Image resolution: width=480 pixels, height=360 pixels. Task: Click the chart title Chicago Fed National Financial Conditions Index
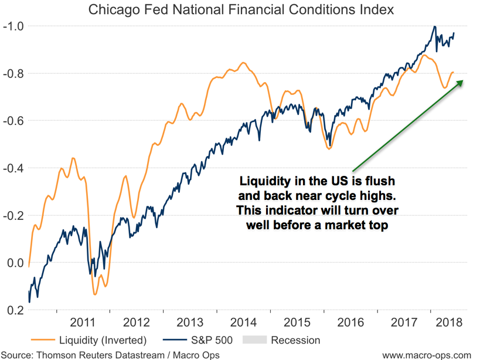pos(240,10)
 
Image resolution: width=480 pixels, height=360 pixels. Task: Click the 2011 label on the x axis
pos(83,322)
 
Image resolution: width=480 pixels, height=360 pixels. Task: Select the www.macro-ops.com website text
pos(427,354)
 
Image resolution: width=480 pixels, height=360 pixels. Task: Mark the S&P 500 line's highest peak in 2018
pos(434,26)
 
